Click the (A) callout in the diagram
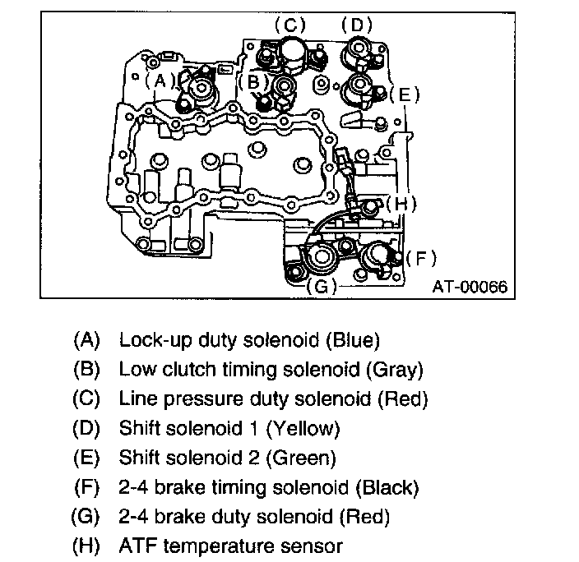pyautogui.click(x=159, y=80)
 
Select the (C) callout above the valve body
pyautogui.click(x=290, y=25)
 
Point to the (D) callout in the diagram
pyautogui.click(x=356, y=25)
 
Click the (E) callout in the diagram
pyautogui.click(x=404, y=94)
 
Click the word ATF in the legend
pyautogui.click(x=137, y=546)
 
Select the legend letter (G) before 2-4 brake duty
pyautogui.click(x=86, y=517)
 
